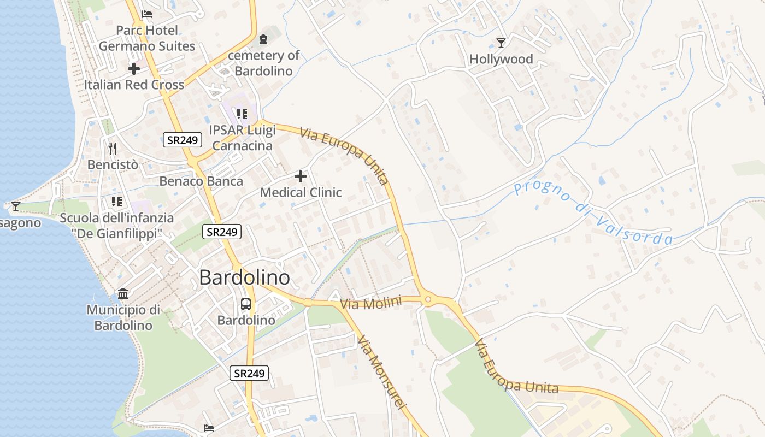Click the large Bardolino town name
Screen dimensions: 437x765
click(x=244, y=277)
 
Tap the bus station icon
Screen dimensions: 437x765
click(x=246, y=304)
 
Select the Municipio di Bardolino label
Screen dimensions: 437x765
click(x=123, y=317)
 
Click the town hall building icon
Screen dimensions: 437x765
click(x=123, y=294)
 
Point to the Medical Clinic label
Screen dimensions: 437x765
click(x=301, y=192)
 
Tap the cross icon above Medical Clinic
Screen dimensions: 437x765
click(x=301, y=176)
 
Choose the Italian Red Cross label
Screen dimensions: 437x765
click(x=134, y=85)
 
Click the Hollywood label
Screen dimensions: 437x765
click(x=501, y=59)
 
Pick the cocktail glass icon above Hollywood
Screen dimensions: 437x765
click(x=501, y=43)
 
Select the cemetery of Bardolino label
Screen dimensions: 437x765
click(x=264, y=63)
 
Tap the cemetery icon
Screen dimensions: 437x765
click(x=264, y=39)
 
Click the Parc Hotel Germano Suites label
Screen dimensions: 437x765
click(x=147, y=38)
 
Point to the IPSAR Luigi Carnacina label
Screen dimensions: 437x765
click(x=243, y=138)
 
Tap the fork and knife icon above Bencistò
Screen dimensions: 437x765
click(x=113, y=147)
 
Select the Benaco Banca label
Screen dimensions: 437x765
click(x=201, y=181)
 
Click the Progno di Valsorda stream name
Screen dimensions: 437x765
click(x=593, y=213)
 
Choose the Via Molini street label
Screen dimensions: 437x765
click(x=371, y=303)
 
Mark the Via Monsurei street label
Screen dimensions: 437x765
click(x=382, y=371)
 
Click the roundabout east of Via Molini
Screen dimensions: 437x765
click(x=428, y=299)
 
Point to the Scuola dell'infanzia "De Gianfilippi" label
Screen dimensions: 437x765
click(x=117, y=226)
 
